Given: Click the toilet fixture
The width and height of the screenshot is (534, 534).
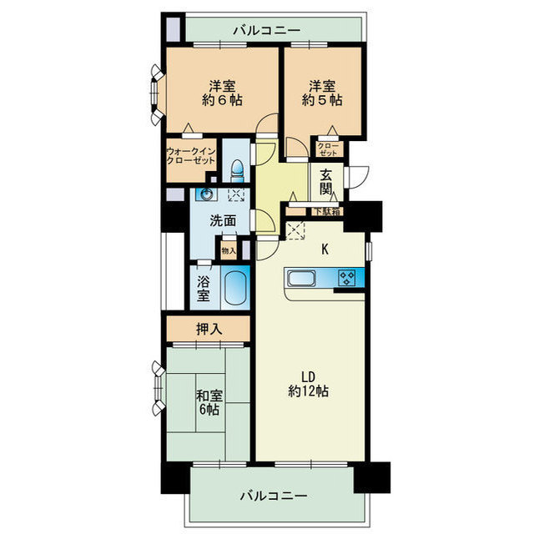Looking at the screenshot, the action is pos(237,169).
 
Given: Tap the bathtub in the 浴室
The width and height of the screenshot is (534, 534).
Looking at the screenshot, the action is pos(235,288).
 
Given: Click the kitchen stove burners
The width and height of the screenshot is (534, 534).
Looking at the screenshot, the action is pos(347,277).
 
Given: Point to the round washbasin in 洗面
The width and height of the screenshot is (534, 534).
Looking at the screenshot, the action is pos(206,194).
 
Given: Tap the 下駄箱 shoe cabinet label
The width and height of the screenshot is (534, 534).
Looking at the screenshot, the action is pos(326,211).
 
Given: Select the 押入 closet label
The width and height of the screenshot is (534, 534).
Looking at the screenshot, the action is pos(209,329).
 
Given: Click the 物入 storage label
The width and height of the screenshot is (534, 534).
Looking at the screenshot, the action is pos(229,251).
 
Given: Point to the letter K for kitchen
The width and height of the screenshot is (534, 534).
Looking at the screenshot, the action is pos(325,249).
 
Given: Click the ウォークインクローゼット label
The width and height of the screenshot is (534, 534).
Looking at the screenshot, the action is pos(191,156).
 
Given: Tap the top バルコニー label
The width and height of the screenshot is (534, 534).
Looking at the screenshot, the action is pos(267,31).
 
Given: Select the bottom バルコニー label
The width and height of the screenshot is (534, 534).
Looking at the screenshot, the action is pos(274,496).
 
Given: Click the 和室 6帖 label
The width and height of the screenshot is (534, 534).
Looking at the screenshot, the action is pos(209,403).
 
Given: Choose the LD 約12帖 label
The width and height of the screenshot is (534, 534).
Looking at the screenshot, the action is pos(308,384).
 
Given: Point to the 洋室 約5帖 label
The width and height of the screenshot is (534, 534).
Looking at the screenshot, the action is pos(322,93).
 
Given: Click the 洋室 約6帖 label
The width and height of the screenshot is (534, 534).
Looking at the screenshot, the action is pos(222,93).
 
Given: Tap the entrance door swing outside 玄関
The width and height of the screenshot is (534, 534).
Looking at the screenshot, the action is pos(357,177).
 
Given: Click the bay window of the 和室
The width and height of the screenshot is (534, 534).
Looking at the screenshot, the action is pos(159,388).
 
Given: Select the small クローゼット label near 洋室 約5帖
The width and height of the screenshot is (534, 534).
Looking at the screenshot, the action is pos(328,149).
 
